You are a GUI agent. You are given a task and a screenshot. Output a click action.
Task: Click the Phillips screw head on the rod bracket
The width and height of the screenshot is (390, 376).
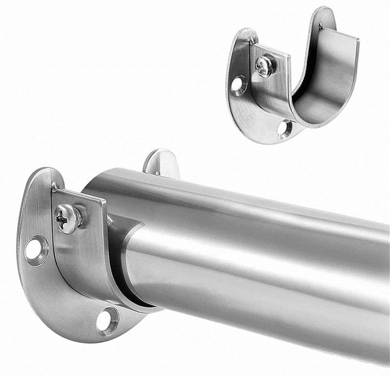click(68, 219)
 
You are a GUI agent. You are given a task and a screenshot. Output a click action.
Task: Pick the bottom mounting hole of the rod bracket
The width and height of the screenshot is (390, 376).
click(107, 321)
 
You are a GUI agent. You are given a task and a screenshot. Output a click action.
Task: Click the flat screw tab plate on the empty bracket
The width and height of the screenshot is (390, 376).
click(271, 78)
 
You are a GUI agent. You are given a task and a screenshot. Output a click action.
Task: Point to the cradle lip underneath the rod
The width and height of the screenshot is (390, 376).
click(129, 302)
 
